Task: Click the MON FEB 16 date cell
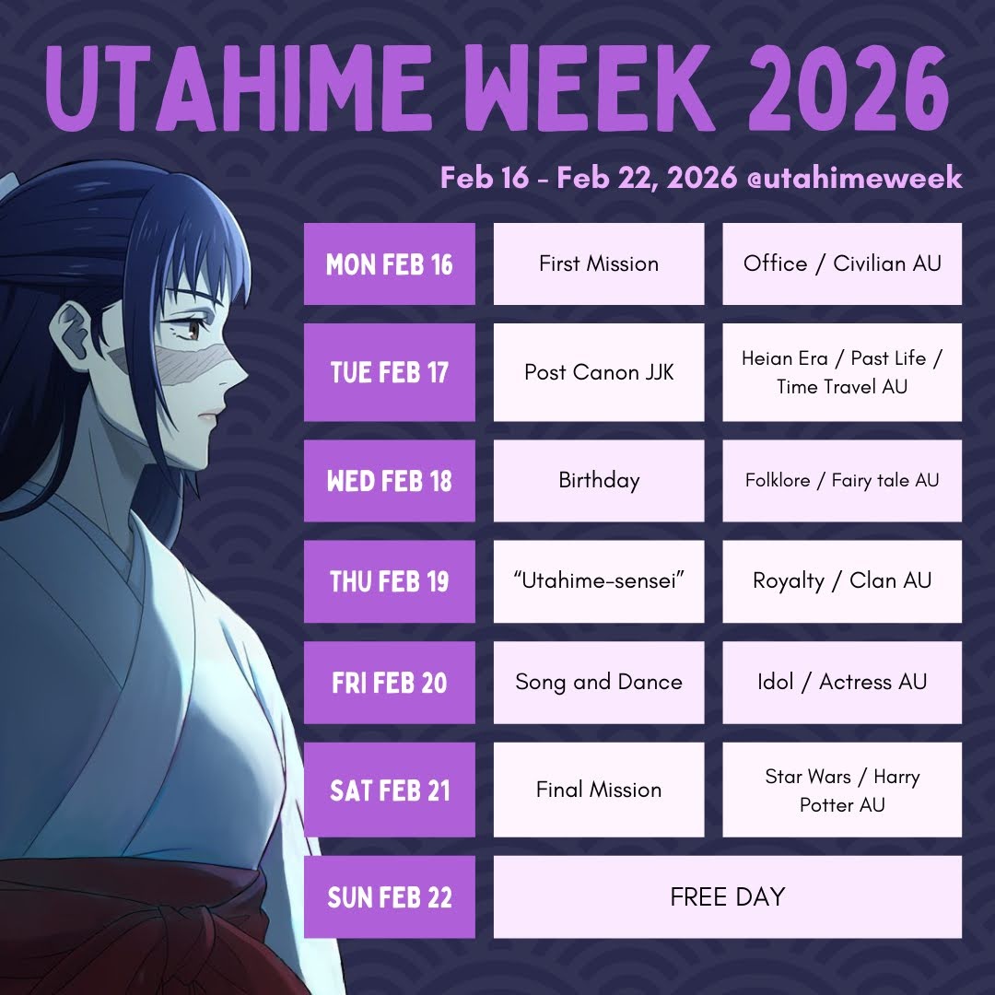pyautogui.click(x=390, y=264)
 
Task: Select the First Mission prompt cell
pyautogui.click(x=599, y=264)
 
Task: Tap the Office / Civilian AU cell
pyautogui.click(x=842, y=264)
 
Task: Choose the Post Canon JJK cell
pyautogui.click(x=599, y=372)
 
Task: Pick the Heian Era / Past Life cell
pyautogui.click(x=842, y=372)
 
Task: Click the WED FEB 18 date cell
pyautogui.click(x=390, y=481)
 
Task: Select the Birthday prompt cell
pyautogui.click(x=599, y=481)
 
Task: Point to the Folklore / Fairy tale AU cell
pyautogui.click(x=842, y=481)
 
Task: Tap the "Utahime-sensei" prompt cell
pyautogui.click(x=599, y=581)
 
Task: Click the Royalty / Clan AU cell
pyautogui.click(x=842, y=581)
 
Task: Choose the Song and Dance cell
pyautogui.click(x=599, y=683)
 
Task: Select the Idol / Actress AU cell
pyautogui.click(x=842, y=683)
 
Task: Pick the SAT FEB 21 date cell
pyautogui.click(x=390, y=790)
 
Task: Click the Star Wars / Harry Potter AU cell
pyautogui.click(x=842, y=790)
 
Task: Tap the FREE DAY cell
pyautogui.click(x=728, y=897)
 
